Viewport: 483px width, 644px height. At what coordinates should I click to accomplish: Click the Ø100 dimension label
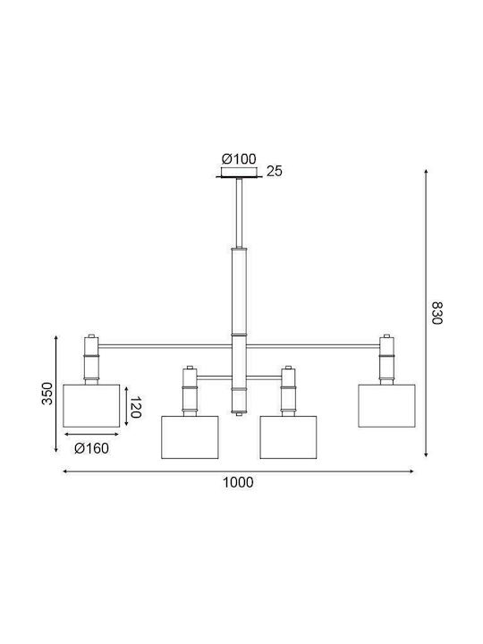click(x=239, y=158)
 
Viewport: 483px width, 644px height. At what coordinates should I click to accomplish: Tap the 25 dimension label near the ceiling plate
click(x=275, y=171)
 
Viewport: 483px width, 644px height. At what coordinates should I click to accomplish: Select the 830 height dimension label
click(x=437, y=313)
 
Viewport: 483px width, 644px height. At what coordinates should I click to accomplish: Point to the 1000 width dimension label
click(x=238, y=482)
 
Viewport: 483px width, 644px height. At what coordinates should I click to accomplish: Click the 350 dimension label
click(x=47, y=394)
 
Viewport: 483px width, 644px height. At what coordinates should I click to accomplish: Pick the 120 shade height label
click(x=136, y=407)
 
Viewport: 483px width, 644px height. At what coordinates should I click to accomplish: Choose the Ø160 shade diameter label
click(x=91, y=448)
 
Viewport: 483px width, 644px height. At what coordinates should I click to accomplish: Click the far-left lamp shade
click(x=91, y=406)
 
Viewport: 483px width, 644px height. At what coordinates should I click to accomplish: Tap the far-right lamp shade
click(x=386, y=406)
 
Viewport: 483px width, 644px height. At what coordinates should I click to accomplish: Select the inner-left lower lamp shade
click(x=190, y=437)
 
